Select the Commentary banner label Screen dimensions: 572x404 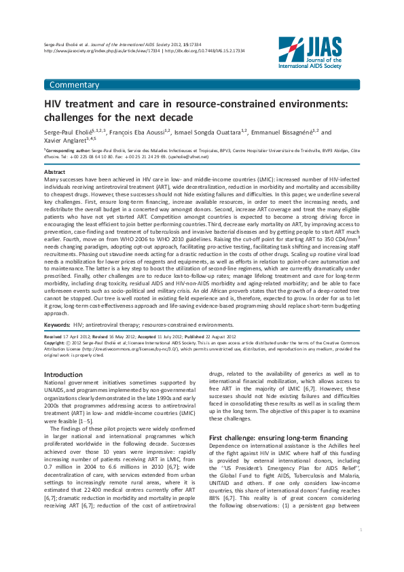pyautogui.click(x=74, y=85)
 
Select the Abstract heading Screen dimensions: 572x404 pyautogui.click(x=54, y=173)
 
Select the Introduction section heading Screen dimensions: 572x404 pyautogui.click(x=63, y=374)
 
